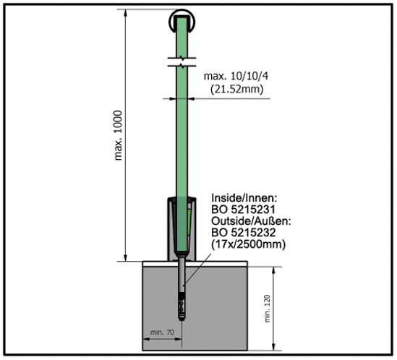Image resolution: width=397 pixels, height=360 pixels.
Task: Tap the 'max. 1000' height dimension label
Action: point(119,137)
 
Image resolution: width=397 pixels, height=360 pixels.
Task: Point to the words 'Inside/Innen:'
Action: point(242,197)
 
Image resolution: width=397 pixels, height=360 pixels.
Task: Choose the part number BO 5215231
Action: point(241,209)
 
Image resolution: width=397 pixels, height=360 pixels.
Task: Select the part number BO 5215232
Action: point(241,233)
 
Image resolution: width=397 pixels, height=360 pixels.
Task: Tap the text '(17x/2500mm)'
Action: point(247,244)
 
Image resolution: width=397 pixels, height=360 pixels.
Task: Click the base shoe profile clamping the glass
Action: point(171,228)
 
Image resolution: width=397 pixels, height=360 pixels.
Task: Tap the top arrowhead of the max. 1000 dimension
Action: point(127,12)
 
